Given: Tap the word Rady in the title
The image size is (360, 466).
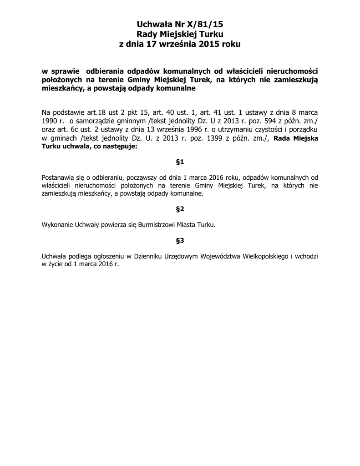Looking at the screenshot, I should (148, 34).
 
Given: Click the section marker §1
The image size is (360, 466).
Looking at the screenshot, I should (180, 162).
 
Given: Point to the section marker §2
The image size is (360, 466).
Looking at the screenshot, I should (180, 209).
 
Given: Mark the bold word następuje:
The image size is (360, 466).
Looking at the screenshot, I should (117, 147).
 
